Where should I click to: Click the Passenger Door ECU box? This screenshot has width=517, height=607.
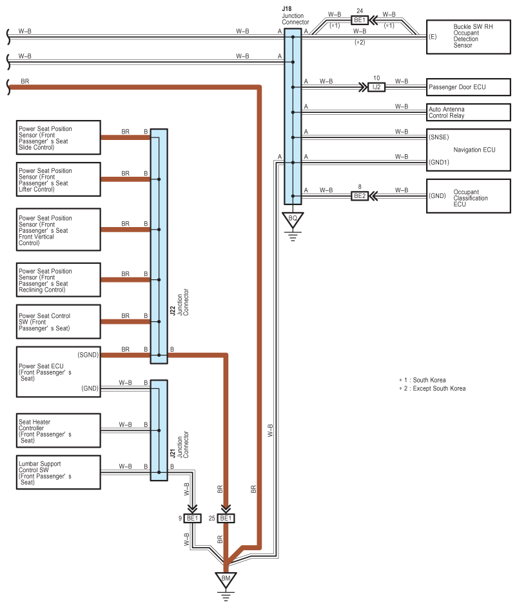pyautogui.click(x=468, y=87)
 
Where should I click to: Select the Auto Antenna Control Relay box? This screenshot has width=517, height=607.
pyautogui.click(x=468, y=112)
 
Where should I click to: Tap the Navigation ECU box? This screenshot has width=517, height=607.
pyautogui.click(x=468, y=150)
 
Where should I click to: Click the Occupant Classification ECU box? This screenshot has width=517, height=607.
pyautogui.click(x=468, y=196)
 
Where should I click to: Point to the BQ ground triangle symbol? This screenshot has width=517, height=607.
pyautogui.click(x=293, y=219)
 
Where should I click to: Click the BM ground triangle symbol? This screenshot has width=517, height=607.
pyautogui.click(x=226, y=580)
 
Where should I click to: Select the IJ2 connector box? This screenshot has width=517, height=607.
pyautogui.click(x=376, y=87)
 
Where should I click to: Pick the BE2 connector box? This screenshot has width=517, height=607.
pyautogui.click(x=360, y=196)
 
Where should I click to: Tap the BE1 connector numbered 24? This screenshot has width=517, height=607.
pyautogui.click(x=360, y=20)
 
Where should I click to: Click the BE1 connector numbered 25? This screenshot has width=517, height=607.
pyautogui.click(x=226, y=518)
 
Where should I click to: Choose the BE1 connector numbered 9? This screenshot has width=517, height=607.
pyautogui.click(x=192, y=518)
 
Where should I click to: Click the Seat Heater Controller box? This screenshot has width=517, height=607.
pyautogui.click(x=59, y=430)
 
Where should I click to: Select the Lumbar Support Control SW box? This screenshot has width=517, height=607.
pyautogui.click(x=59, y=472)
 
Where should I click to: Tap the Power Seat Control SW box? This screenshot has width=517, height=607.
pyautogui.click(x=59, y=322)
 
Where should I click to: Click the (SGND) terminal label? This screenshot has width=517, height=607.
pyautogui.click(x=88, y=355)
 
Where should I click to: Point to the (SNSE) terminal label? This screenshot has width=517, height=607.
pyautogui.click(x=439, y=137)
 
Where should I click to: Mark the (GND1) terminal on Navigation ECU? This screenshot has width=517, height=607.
pyautogui.click(x=439, y=162)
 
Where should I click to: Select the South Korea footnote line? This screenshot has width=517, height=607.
pyautogui.click(x=423, y=380)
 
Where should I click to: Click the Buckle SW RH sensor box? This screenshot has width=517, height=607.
pyautogui.click(x=468, y=37)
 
